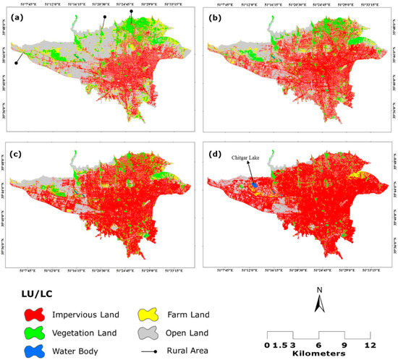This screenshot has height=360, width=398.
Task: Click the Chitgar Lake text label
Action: [246, 158]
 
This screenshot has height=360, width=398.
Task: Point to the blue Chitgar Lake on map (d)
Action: [254, 185]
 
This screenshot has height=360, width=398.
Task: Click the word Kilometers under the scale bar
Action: [318, 353]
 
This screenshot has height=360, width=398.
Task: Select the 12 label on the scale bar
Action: [369, 345]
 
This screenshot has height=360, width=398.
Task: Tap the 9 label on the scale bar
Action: [344, 345]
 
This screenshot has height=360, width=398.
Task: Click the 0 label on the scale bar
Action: [268, 345]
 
